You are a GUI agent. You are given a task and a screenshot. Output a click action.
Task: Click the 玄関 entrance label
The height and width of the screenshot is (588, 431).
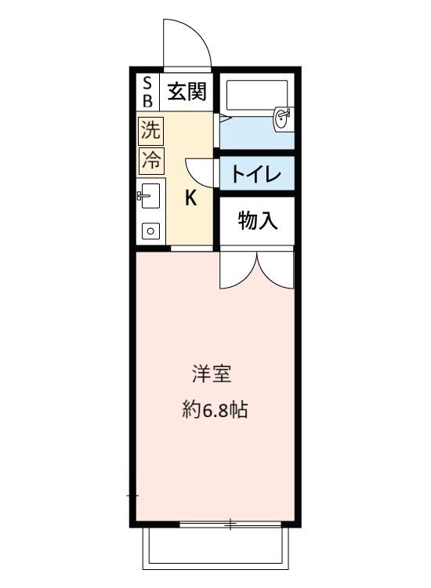pos(187,93)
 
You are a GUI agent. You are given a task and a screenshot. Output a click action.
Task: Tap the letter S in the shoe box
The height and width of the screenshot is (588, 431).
pos(147,84)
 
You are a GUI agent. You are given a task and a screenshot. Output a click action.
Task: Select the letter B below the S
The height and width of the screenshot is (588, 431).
pos(147,100)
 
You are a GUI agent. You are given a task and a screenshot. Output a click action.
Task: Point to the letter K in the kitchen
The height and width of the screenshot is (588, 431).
pos(190,198)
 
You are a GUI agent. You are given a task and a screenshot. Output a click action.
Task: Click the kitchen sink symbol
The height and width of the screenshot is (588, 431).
pos(149,196)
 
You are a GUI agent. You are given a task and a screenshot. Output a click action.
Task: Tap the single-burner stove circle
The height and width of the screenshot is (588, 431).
pos(149,230)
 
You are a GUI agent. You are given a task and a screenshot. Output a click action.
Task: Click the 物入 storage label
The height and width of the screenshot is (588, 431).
pos(257,221)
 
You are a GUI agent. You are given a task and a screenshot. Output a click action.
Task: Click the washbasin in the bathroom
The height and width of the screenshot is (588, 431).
pos(282,118)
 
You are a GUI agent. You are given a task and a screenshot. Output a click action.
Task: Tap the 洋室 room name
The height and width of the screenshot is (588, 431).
pos(212,374)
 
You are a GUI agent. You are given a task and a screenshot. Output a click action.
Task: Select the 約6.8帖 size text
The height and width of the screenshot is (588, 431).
pos(215,409)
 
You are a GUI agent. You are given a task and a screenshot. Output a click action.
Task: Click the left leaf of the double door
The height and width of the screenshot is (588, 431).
pos(237,270)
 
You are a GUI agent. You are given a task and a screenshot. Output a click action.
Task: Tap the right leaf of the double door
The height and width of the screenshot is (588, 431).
pos(275,270)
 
